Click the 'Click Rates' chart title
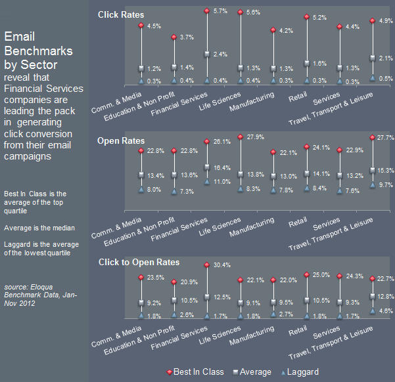coord(120,14)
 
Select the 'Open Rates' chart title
coord(121,140)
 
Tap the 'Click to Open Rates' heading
coord(139,263)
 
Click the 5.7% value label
coord(221,11)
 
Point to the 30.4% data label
coord(222,266)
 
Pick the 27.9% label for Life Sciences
coord(256,137)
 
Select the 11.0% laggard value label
coord(222,181)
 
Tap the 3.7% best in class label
coord(187,37)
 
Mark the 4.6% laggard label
coord(386,310)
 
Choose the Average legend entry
coord(251,372)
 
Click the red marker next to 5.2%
coord(306,16)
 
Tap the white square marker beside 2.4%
coord(207,54)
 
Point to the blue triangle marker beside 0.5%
coord(373,78)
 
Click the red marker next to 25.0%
coord(306,274)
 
